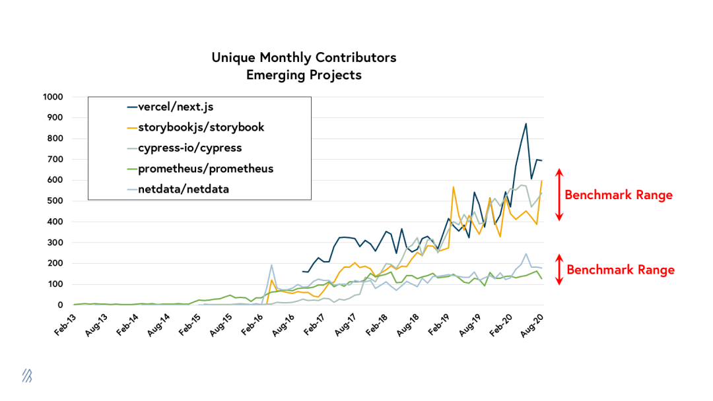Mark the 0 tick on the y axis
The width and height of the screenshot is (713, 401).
pyautogui.click(x=59, y=305)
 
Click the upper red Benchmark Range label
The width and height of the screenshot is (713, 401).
pyautogui.click(x=619, y=195)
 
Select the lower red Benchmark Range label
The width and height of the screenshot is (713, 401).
pyautogui.click(x=621, y=270)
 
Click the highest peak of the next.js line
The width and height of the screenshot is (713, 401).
pyautogui.click(x=526, y=123)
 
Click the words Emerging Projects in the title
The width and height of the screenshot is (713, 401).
pyautogui.click(x=304, y=75)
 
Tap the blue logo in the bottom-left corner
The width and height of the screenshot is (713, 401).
pyautogui.click(x=27, y=376)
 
